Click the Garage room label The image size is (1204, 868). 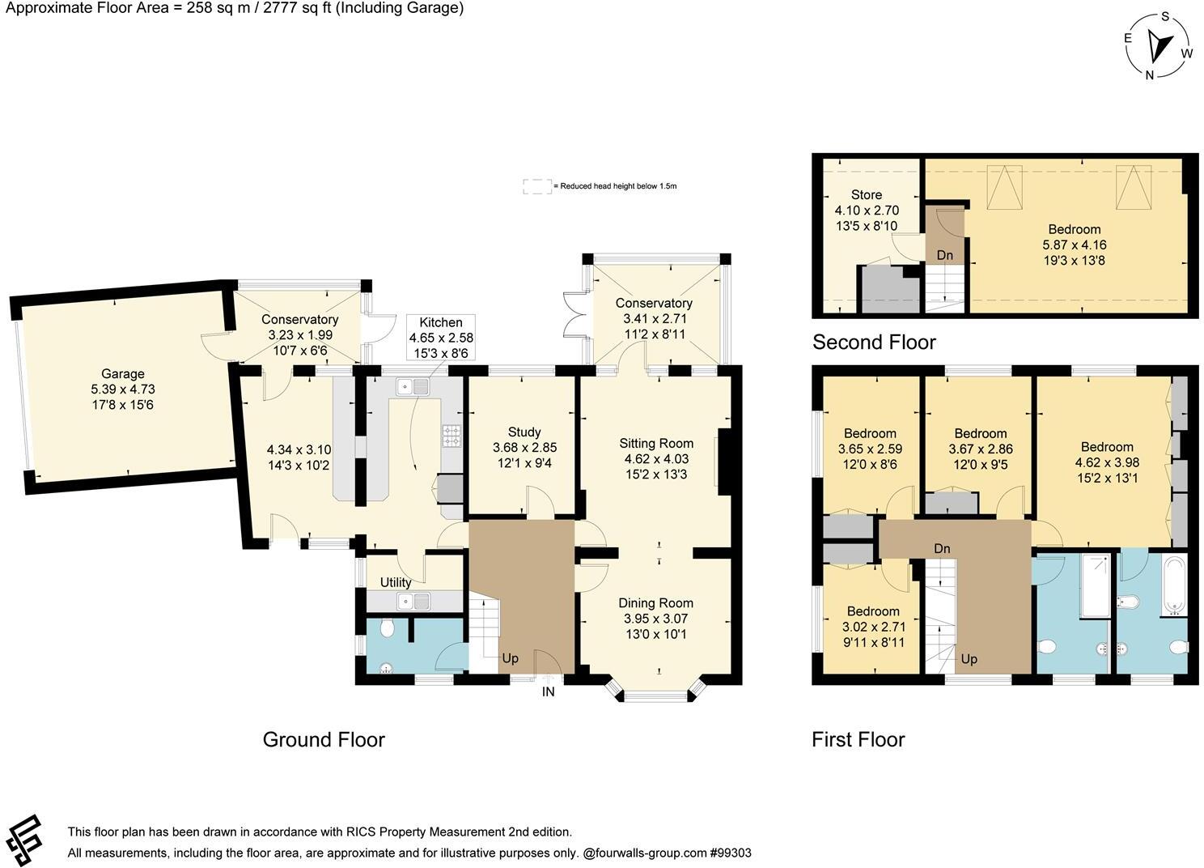tap(122, 373)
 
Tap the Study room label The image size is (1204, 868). tap(524, 432)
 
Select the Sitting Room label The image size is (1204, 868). tap(656, 443)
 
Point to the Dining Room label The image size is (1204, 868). tap(655, 602)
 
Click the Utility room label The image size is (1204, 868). tap(396, 582)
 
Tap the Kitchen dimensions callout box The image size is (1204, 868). tap(441, 338)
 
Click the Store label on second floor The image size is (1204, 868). tap(866, 194)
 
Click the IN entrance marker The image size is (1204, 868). tap(548, 691)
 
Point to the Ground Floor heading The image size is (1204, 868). tap(324, 739)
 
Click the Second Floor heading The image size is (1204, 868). tap(874, 342)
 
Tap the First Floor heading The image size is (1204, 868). tap(858, 739)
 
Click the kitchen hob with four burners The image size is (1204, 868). tap(451, 436)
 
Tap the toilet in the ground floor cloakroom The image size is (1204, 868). tap(386, 628)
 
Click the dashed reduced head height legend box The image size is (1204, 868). tap(536, 186)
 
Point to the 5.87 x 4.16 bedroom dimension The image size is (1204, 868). tap(1075, 245)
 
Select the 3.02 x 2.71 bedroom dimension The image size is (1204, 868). tap(873, 627)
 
